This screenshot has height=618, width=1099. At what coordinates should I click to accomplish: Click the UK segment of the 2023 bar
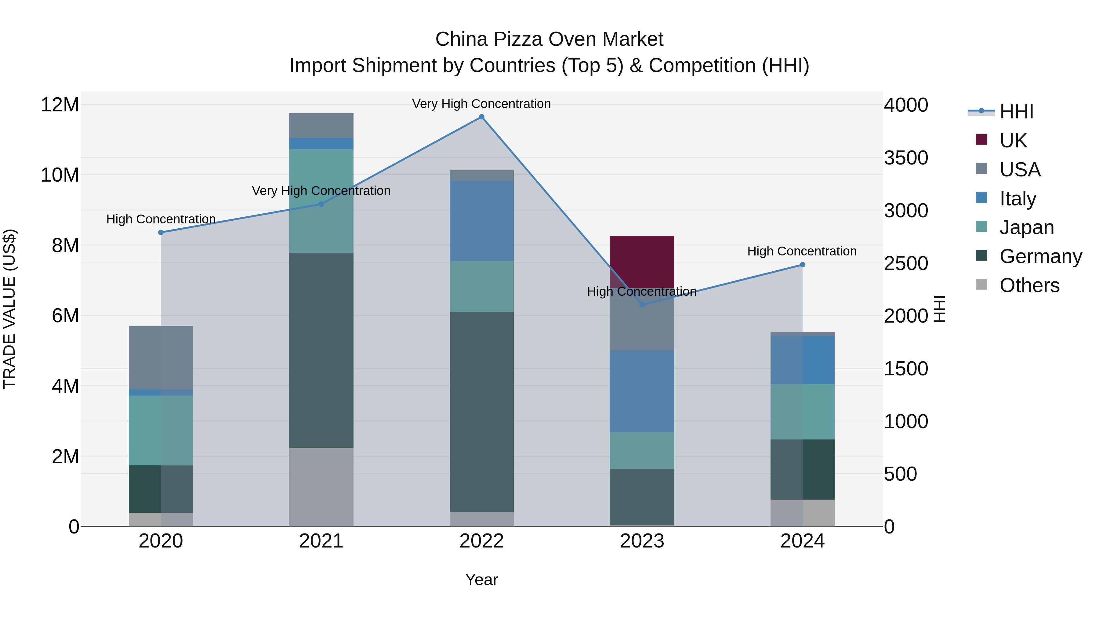click(x=642, y=261)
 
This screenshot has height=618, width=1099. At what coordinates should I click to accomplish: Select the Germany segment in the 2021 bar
click(x=321, y=350)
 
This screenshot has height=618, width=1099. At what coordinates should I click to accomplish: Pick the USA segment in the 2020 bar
click(x=161, y=357)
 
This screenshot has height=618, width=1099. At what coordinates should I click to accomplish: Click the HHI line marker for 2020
click(x=161, y=233)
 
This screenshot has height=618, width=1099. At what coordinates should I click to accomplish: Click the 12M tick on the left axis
click(x=60, y=105)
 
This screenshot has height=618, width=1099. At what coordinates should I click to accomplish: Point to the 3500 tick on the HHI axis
click(x=905, y=158)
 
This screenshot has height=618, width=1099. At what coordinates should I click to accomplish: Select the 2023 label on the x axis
click(x=642, y=541)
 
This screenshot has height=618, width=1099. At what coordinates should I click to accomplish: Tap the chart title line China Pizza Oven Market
click(x=549, y=39)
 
